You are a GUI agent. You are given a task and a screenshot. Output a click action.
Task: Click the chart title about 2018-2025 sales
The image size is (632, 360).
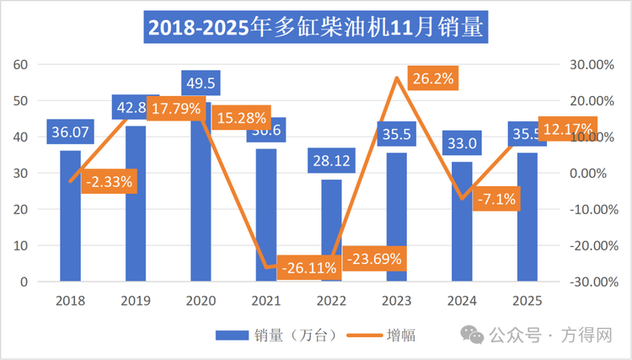click(315, 27)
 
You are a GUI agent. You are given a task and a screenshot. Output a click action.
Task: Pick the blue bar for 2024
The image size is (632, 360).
click(462, 223)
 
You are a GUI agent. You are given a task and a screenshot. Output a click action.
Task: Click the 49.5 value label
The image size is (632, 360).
click(200, 83)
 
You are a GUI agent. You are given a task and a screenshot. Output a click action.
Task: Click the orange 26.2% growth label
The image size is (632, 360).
click(432, 79)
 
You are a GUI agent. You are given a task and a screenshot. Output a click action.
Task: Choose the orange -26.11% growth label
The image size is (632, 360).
click(308, 267)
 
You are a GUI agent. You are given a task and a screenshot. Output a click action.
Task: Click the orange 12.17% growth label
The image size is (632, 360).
click(566, 129)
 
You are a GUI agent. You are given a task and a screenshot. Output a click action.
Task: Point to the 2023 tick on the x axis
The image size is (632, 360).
click(396, 300)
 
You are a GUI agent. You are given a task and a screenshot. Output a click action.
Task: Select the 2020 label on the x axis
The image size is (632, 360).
click(201, 300)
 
